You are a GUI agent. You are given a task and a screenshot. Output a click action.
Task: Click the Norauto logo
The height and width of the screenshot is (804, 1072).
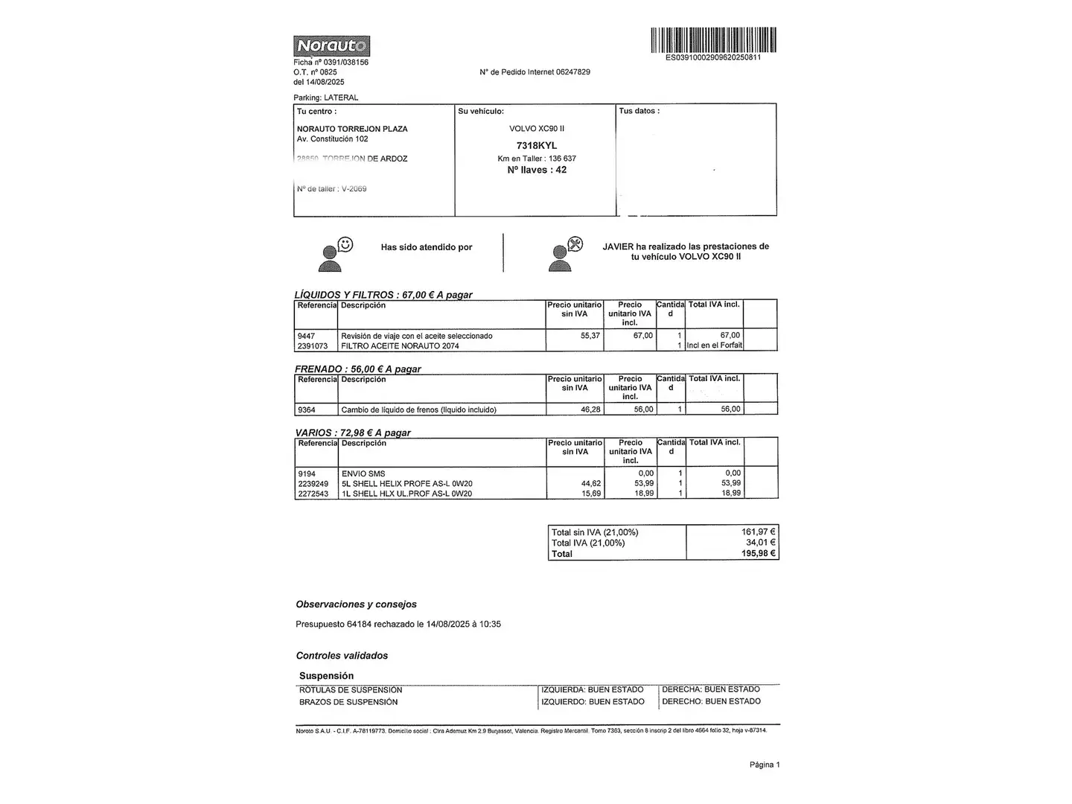[331, 46]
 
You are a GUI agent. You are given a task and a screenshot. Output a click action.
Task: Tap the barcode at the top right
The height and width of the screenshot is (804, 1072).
[713, 39]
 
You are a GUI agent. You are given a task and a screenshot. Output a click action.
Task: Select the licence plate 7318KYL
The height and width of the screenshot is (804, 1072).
[536, 146]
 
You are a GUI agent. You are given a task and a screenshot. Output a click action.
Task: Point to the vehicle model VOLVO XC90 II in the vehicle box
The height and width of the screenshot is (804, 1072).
[536, 129]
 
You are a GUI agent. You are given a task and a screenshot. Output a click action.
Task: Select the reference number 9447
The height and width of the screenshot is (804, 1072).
[306, 336]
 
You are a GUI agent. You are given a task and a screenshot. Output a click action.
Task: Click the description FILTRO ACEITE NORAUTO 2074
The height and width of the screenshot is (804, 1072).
[400, 346]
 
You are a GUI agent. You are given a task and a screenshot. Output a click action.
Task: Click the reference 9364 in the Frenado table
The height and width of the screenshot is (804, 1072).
[307, 409]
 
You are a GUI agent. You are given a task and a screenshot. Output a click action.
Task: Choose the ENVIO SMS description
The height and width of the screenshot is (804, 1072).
[363, 473]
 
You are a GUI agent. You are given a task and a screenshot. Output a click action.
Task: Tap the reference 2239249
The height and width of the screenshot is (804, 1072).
[313, 484]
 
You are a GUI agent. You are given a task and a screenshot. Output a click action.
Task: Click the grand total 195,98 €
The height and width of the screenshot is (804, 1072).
[758, 554]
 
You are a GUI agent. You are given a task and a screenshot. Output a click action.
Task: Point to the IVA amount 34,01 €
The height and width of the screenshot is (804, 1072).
[760, 543]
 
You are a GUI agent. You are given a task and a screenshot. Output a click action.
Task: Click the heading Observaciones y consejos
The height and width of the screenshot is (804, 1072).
[356, 604]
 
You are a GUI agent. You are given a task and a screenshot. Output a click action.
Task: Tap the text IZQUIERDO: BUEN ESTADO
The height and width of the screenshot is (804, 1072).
[593, 702]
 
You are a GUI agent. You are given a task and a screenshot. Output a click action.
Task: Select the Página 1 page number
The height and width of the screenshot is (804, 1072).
[765, 765]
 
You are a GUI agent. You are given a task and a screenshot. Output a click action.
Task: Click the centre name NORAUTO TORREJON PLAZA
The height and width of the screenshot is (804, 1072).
[352, 129]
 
